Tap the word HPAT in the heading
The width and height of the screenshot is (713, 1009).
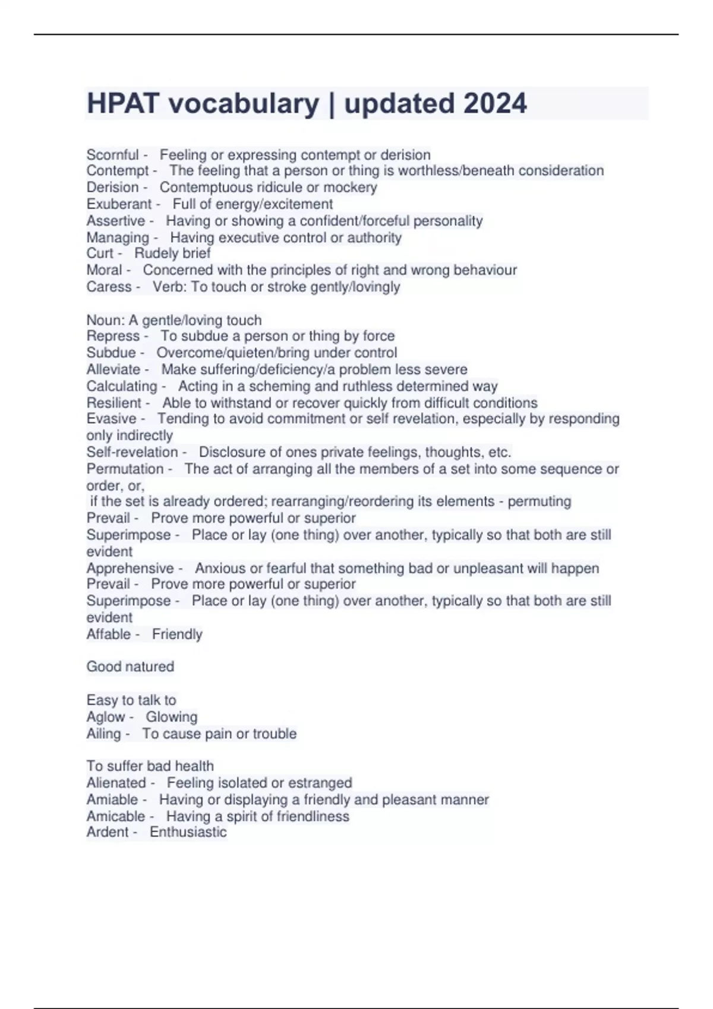(123, 103)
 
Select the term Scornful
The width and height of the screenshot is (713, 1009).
(112, 155)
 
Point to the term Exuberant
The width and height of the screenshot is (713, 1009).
(119, 204)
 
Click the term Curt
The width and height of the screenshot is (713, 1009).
(100, 253)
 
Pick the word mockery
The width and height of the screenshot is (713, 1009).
(350, 188)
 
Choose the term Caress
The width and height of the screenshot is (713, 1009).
(109, 287)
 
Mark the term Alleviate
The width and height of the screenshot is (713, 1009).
(113, 369)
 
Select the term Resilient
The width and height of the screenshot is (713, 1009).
(114, 403)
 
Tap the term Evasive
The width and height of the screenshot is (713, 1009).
(111, 419)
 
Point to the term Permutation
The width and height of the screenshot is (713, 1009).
(125, 469)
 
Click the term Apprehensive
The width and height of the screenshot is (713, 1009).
(130, 568)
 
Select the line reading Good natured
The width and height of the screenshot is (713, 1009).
(130, 667)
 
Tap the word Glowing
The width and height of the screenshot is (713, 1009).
(172, 717)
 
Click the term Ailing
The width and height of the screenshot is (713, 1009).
(103, 734)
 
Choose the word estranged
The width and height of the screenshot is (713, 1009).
(321, 783)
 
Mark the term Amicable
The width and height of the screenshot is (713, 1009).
(115, 817)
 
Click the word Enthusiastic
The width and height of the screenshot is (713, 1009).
(188, 832)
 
